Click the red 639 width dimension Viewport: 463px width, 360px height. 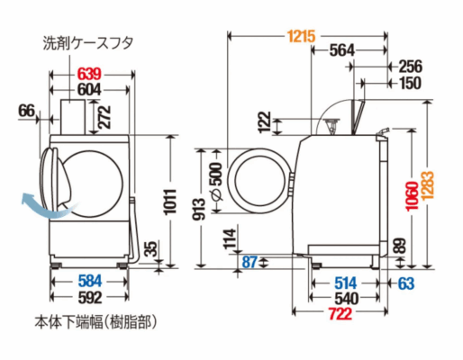click(x=89, y=74)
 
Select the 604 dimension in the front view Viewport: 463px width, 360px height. click(x=89, y=89)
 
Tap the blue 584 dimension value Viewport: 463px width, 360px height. click(x=90, y=282)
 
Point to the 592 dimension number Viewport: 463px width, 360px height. click(x=90, y=297)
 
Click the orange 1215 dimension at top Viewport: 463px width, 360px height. click(x=302, y=36)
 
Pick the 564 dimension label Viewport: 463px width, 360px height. click(x=342, y=50)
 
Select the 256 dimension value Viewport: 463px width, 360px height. click(x=411, y=67)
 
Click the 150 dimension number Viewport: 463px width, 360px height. click(x=411, y=83)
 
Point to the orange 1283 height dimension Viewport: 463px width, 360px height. click(x=428, y=185)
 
